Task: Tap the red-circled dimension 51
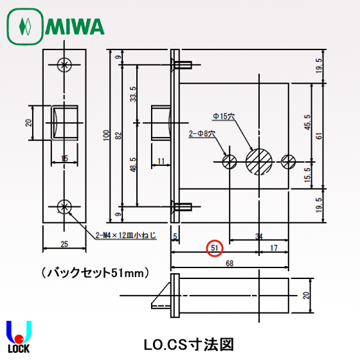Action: (215, 247)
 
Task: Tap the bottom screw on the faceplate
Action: (64, 206)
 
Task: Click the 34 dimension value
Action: (258, 236)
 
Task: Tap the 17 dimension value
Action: (273, 247)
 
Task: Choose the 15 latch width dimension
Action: (64, 158)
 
